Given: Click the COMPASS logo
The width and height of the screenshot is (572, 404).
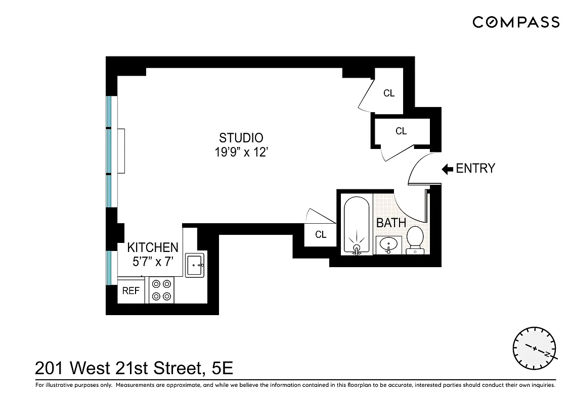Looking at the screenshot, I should tap(516, 22).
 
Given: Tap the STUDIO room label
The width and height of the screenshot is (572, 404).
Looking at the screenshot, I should tap(241, 137).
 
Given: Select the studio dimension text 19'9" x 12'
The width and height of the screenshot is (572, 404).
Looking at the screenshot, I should tap(241, 152).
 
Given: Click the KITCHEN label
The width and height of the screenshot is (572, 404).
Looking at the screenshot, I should tap(152, 247).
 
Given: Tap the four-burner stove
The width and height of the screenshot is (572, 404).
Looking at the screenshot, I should tap(161, 290).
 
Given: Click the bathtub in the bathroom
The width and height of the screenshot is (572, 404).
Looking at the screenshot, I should tap(357, 225).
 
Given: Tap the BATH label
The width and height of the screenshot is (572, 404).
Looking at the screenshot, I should tap(390, 223).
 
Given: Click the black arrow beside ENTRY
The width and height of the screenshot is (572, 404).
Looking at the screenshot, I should tap(447, 169).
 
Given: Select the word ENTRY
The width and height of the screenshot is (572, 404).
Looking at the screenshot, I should tap(475, 169).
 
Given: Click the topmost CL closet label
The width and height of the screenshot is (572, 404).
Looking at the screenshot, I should tap(388, 93).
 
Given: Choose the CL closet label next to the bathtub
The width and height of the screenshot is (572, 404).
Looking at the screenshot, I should tap(321, 235).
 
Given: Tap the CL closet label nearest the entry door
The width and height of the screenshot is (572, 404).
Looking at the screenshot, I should tap(401, 131).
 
